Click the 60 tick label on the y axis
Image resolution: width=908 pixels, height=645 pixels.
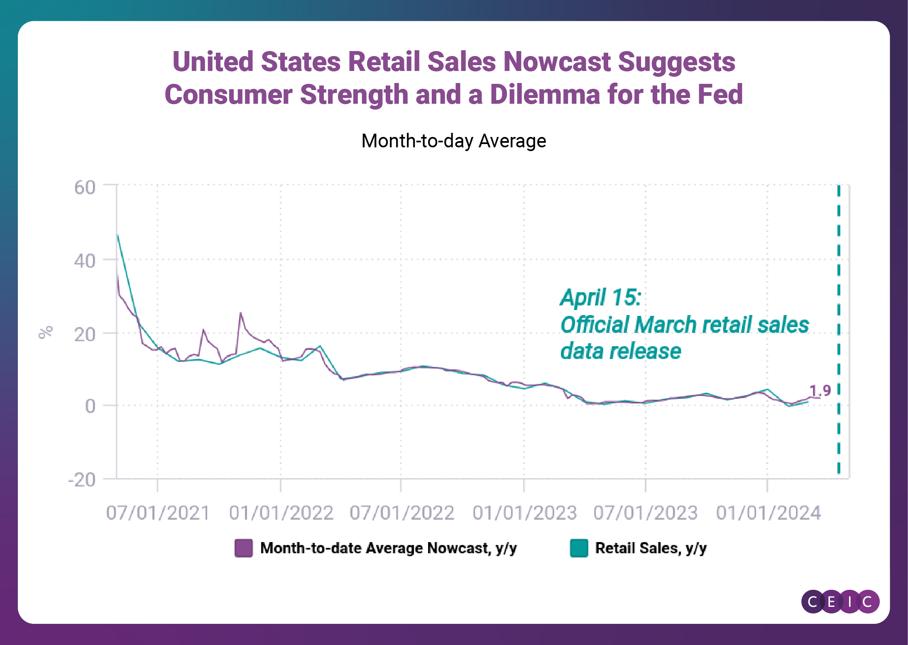pos(85,188)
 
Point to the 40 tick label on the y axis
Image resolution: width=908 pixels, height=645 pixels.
pos(85,261)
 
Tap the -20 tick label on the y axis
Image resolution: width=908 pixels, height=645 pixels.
pos(82,480)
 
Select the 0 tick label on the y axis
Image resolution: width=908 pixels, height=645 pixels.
pos(90,406)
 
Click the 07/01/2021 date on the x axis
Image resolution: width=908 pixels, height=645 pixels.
pos(158,513)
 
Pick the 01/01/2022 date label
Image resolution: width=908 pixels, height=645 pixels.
pos(281,513)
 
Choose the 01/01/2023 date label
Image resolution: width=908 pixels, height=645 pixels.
pos(524,513)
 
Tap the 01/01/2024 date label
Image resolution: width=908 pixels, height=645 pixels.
pos(768,513)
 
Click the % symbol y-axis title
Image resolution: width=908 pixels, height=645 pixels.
pos(46,332)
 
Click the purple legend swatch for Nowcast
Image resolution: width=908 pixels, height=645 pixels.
pos(244,548)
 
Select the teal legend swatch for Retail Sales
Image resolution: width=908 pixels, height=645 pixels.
pos(579,548)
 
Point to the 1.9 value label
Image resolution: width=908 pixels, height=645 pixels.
pos(820,391)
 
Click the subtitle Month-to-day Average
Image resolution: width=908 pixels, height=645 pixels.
pos(453,141)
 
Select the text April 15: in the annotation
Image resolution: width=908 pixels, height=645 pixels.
pos(600,297)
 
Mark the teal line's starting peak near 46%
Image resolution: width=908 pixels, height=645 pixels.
pos(118,236)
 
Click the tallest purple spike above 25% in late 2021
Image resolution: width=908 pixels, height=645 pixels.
pos(240,313)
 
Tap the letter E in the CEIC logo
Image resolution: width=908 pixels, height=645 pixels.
pos(831,601)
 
